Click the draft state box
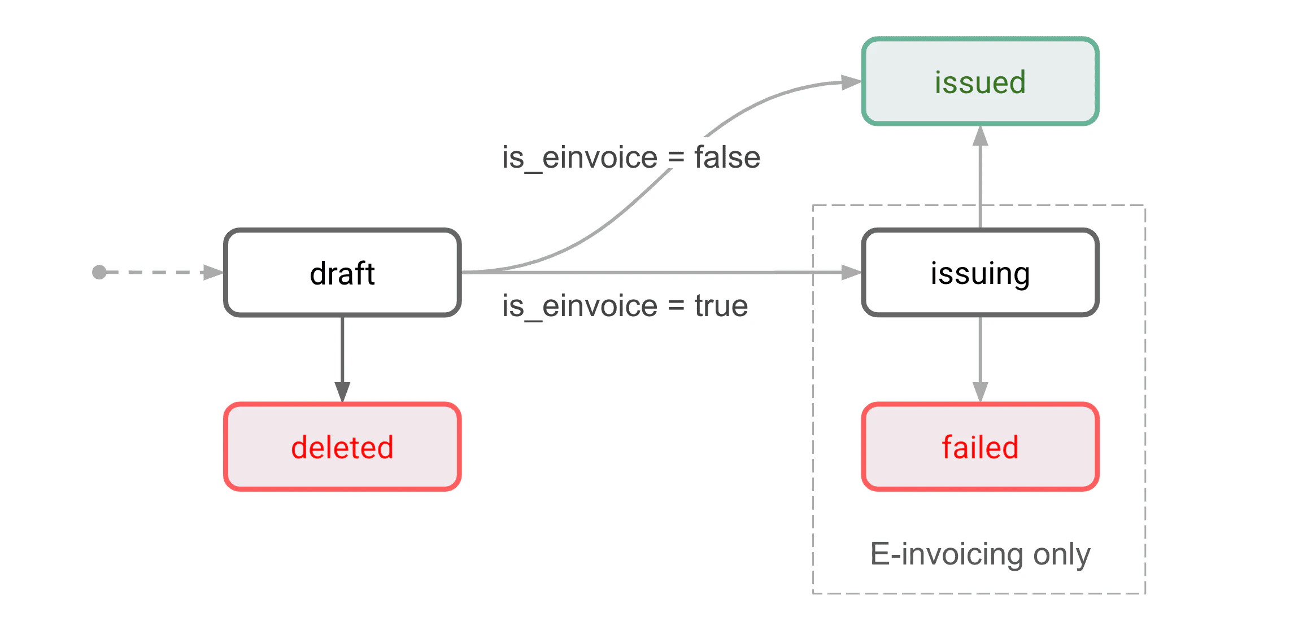[342, 273]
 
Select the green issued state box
[980, 82]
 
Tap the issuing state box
[980, 273]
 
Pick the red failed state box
[980, 447]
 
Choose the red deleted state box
[342, 447]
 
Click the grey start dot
[99, 273]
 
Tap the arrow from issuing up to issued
[980, 181]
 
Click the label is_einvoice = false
[631, 157]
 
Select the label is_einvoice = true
[625, 306]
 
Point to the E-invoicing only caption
[980, 554]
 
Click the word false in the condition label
[727, 157]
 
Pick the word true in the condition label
[721, 306]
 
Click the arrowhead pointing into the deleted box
[342, 391]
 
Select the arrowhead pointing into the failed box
[980, 391]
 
